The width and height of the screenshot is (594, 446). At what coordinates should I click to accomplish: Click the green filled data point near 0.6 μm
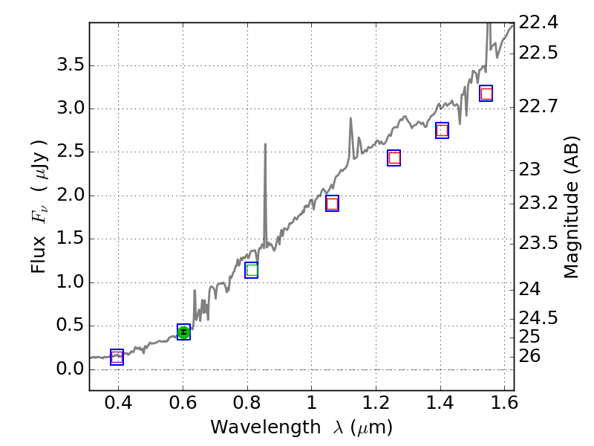point(183,332)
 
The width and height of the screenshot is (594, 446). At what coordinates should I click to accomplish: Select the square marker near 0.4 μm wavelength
point(117,358)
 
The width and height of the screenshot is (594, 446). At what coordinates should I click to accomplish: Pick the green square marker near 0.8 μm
point(252,270)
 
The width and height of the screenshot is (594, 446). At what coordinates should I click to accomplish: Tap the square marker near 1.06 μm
point(332,204)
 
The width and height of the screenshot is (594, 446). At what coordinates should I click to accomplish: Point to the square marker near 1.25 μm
point(394,158)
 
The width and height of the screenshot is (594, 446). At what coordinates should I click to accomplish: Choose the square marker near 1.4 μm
point(442,130)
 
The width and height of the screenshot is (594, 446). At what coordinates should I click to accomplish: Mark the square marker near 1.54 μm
point(486,94)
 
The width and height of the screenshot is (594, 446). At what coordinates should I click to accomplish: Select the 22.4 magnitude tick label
point(538,22)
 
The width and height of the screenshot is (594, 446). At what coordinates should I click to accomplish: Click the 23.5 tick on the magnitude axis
point(538,242)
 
